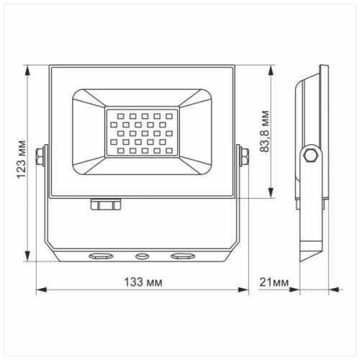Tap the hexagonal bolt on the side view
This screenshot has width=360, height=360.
pos(312,156)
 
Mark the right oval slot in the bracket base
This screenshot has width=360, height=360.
pos(182,256)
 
